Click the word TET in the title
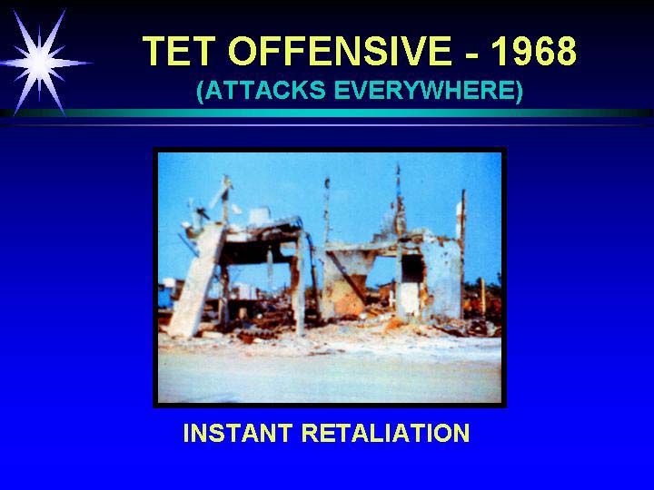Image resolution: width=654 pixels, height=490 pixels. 179,51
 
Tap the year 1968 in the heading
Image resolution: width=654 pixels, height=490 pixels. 533,51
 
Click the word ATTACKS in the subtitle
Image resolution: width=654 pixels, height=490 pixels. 265,90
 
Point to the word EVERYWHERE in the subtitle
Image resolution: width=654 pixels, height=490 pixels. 424,90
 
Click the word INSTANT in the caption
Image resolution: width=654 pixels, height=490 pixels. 238,433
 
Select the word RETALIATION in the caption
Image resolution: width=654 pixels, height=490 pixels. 386,433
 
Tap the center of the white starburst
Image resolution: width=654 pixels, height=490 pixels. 39,63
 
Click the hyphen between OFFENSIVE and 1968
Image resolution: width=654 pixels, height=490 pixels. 471,54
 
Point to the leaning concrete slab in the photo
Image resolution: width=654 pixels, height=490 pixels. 193,280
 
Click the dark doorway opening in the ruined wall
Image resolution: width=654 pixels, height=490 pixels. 412,269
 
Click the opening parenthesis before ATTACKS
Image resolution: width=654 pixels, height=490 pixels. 200,91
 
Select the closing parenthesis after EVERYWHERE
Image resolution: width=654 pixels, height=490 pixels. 520,91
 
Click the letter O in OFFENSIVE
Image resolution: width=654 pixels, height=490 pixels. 245,51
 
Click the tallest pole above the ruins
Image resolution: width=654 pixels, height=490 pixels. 399,200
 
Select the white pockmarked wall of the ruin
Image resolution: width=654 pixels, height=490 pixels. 443,275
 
